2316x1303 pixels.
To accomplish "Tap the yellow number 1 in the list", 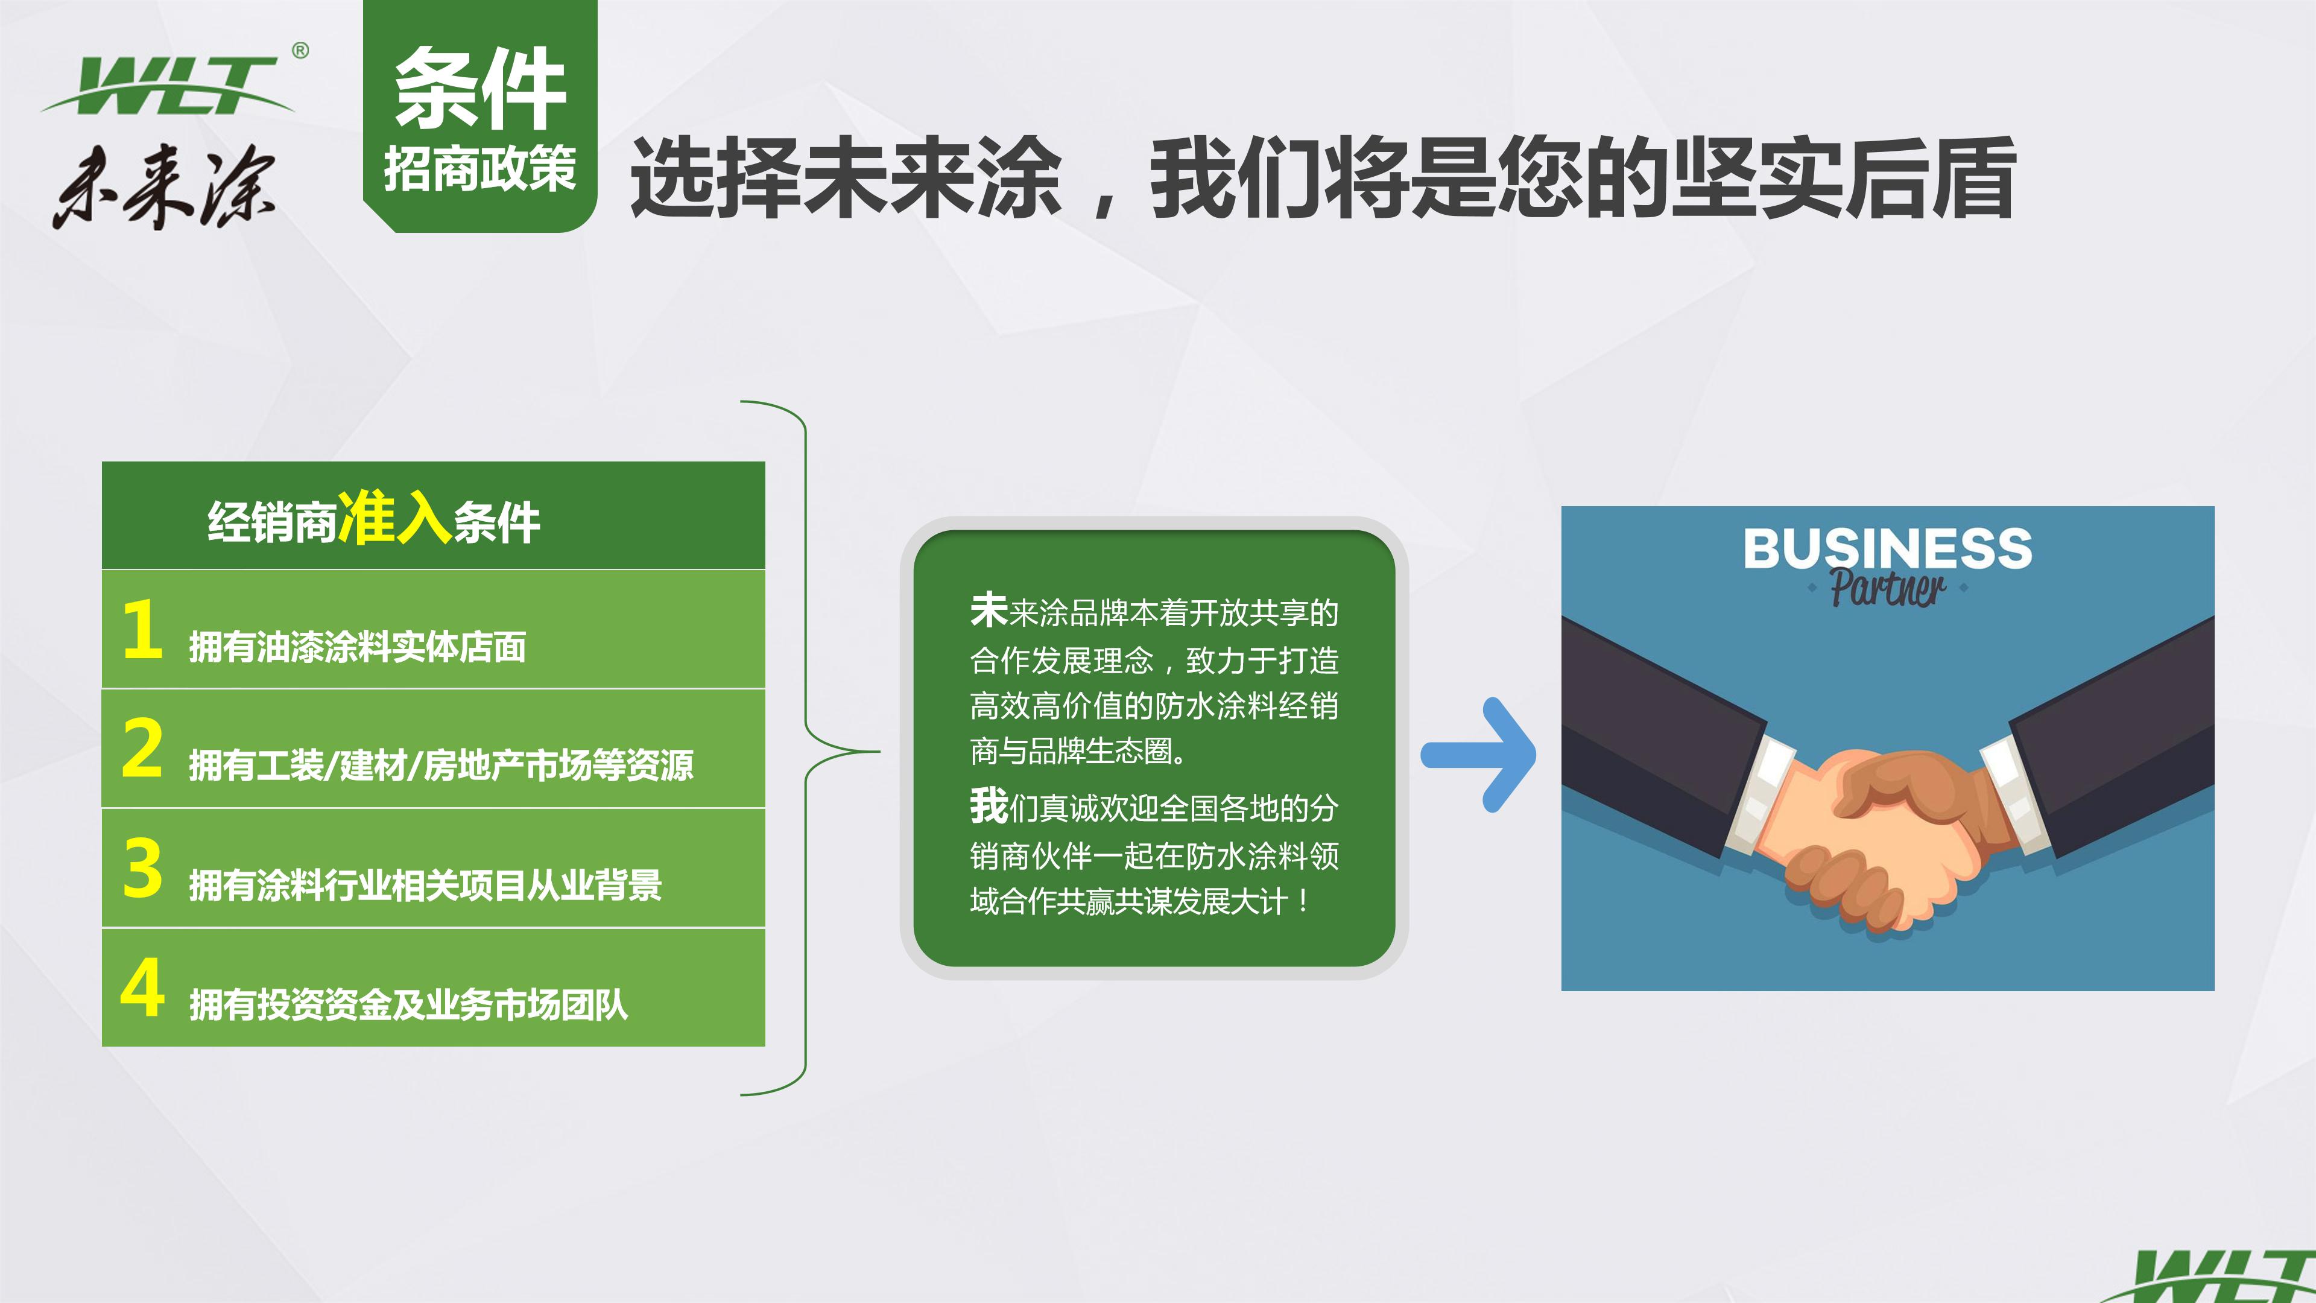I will click(x=142, y=629).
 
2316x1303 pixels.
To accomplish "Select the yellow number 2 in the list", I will click(x=142, y=747).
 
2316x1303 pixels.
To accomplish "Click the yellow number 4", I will click(x=142, y=988).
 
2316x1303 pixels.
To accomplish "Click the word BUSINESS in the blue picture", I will click(x=1887, y=548).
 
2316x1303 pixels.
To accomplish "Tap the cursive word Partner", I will click(x=1887, y=589).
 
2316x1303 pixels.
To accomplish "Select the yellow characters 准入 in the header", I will click(x=394, y=518).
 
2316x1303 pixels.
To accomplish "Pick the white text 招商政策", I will click(x=480, y=168).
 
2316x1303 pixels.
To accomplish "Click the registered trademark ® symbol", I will click(x=300, y=51).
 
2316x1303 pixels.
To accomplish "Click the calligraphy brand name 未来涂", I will click(x=166, y=186).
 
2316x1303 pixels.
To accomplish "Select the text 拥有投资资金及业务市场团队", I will click(x=408, y=1004).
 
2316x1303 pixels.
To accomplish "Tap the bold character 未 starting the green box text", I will click(x=988, y=610).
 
